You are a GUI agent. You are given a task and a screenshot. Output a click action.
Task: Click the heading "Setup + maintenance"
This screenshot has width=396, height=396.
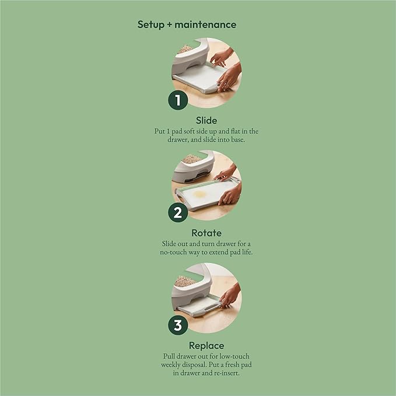point(187,24)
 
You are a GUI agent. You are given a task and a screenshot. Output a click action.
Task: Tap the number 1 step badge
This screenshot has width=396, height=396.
point(178,100)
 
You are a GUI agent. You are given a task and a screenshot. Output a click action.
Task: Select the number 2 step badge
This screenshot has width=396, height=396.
point(178,212)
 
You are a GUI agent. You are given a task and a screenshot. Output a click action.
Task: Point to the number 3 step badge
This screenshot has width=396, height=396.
point(178,325)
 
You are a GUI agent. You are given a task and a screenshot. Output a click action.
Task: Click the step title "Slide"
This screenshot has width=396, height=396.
point(206,120)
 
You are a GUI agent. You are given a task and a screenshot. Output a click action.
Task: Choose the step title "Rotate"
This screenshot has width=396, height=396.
point(206,233)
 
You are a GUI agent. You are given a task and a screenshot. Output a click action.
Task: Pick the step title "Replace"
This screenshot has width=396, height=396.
point(206,346)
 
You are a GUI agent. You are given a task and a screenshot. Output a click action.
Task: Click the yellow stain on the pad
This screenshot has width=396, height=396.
point(199,194)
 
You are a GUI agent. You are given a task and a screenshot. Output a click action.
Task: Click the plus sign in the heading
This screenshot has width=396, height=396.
point(169,24)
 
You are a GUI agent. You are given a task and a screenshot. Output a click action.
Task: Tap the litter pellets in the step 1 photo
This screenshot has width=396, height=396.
point(185,49)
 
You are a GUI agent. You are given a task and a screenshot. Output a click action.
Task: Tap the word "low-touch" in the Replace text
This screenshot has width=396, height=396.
point(234,356)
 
